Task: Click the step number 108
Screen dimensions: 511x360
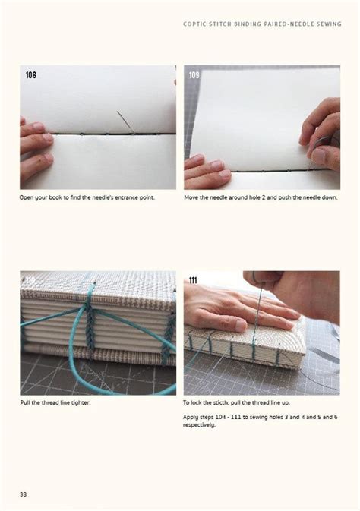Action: (x=30, y=75)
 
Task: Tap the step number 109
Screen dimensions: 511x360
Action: (x=194, y=75)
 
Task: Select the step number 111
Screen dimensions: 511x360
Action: (x=194, y=280)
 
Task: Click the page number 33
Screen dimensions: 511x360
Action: (x=24, y=494)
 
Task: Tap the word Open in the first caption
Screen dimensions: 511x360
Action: (x=29, y=197)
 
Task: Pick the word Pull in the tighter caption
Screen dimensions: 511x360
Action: (x=27, y=402)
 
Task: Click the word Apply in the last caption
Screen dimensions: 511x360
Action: (x=193, y=417)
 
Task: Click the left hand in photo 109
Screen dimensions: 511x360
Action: (x=205, y=167)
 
